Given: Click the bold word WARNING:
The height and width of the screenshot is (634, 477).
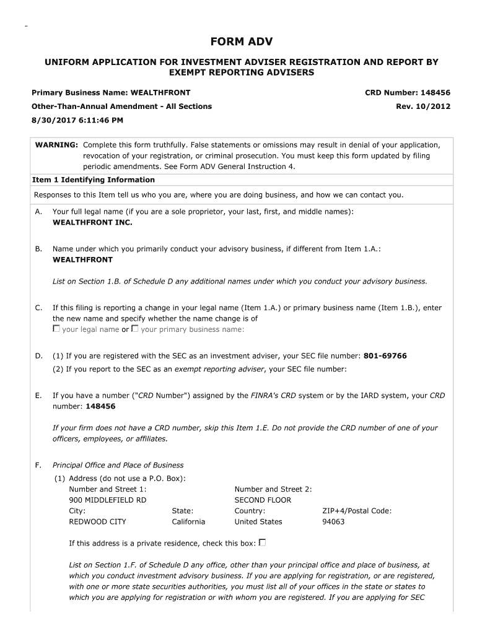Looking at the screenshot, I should click(56, 145).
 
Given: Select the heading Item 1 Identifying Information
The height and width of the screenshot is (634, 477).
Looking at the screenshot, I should click(93, 180).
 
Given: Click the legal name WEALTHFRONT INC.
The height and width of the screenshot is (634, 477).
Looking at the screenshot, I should click(92, 222).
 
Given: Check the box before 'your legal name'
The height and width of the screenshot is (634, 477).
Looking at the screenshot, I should click(56, 329).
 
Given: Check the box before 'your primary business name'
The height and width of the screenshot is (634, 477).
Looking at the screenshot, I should click(135, 329).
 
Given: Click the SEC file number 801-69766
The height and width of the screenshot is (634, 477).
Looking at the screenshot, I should click(385, 356).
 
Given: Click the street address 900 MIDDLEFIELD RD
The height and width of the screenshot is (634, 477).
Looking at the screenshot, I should click(108, 500).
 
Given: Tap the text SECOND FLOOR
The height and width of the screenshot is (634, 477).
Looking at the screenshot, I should click(263, 500).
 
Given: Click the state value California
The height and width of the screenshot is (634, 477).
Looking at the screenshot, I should click(188, 521).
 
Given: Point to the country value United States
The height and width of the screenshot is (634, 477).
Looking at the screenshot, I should click(258, 521).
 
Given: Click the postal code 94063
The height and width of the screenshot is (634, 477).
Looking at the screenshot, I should click(333, 521).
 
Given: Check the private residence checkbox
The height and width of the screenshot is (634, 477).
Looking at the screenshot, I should click(262, 543).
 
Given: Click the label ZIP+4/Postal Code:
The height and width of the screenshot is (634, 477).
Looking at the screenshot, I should click(357, 511).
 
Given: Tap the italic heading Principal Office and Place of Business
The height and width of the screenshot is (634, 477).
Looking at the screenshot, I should click(118, 465).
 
